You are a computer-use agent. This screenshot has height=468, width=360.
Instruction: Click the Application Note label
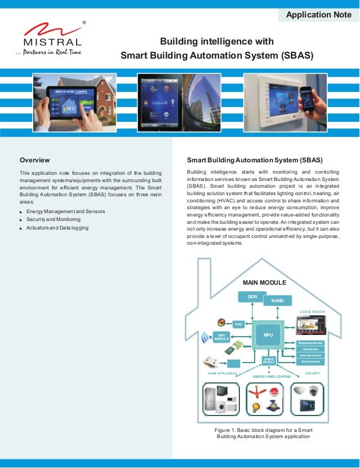318,15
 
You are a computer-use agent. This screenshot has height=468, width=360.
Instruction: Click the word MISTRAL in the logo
52,42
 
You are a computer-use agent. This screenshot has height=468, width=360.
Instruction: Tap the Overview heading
35,160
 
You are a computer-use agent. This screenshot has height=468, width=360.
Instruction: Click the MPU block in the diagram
268,335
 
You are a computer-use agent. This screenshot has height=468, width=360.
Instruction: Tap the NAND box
277,301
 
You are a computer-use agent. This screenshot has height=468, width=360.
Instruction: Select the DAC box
238,324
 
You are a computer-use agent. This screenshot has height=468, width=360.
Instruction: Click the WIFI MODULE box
221,337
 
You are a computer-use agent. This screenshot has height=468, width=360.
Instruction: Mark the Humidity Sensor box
311,355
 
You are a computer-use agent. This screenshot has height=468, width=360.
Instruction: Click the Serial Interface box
311,361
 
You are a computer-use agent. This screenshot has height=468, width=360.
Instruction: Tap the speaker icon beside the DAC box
221,324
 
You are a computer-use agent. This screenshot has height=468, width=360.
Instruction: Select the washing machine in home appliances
231,404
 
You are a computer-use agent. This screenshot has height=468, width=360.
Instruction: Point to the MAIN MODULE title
264,282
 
